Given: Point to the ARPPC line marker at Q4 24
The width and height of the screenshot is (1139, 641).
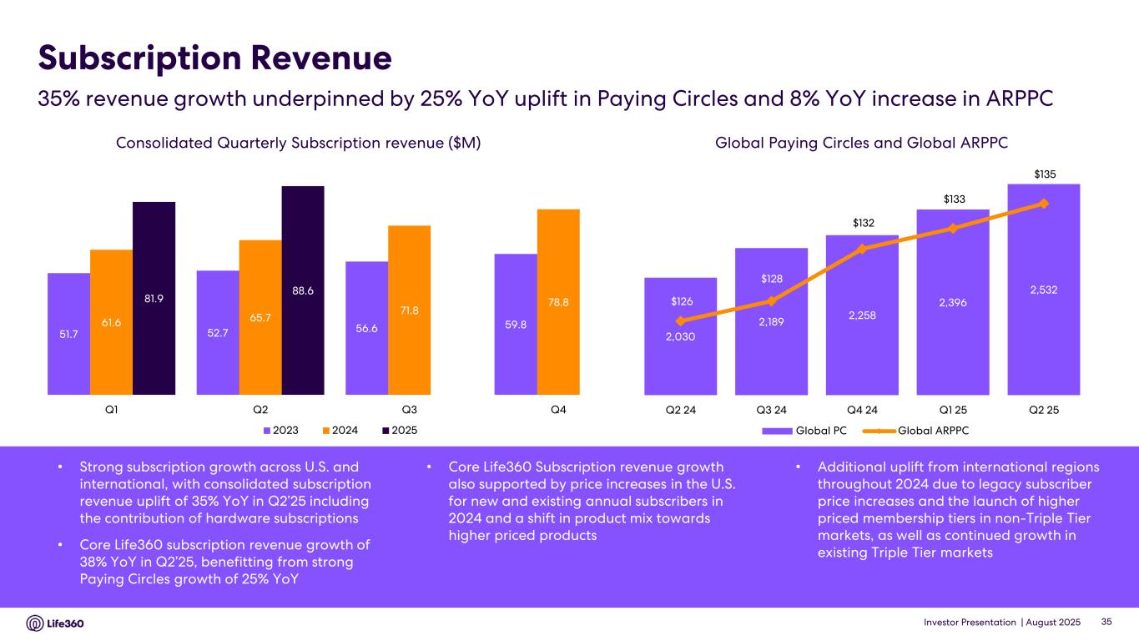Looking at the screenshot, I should click(x=862, y=248).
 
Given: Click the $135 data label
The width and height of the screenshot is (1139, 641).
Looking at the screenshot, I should click(x=1044, y=174).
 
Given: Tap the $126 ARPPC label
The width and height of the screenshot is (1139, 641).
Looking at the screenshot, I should click(x=681, y=300).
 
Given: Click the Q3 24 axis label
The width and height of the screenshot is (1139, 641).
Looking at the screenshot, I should click(x=771, y=410).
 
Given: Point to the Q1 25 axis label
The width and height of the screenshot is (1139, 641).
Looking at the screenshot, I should click(x=952, y=410).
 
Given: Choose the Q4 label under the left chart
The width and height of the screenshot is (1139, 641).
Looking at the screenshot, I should click(x=558, y=410).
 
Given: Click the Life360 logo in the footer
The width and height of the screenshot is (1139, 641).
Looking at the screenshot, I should click(x=55, y=623).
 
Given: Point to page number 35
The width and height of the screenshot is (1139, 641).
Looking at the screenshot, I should click(x=1107, y=623).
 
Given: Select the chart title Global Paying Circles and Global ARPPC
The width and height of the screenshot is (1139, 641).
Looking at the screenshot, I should click(x=861, y=144).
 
